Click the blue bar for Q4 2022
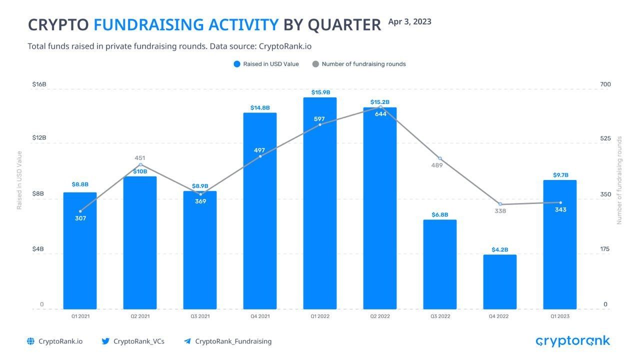pyautogui.click(x=500, y=282)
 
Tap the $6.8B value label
pyautogui.click(x=440, y=214)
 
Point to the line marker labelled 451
pyautogui.click(x=140, y=164)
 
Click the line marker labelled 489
pyautogui.click(x=440, y=158)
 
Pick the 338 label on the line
pyautogui.click(x=500, y=211)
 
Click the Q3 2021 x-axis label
pyautogui.click(x=200, y=316)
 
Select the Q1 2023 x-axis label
pyautogui.click(x=560, y=316)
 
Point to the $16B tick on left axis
pyautogui.click(x=39, y=84)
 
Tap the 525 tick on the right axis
pyautogui.click(x=605, y=138)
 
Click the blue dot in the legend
pyautogui.click(x=237, y=64)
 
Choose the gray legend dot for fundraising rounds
pyautogui.click(x=315, y=64)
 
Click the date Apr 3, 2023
pyautogui.click(x=409, y=21)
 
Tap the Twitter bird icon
pyautogui.click(x=105, y=341)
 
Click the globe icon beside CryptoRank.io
pyautogui.click(x=31, y=341)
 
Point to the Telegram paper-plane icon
pyautogui.click(x=187, y=341)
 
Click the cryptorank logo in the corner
pyautogui.click(x=572, y=341)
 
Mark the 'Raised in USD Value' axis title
pyautogui.click(x=19, y=180)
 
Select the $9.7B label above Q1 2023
pyautogui.click(x=560, y=175)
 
